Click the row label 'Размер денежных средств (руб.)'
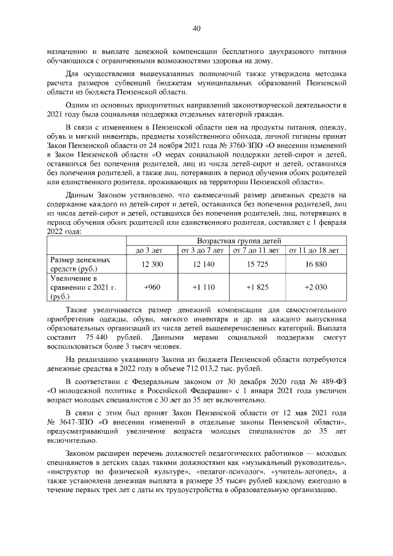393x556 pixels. [80, 265]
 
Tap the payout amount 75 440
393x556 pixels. [101, 338]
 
